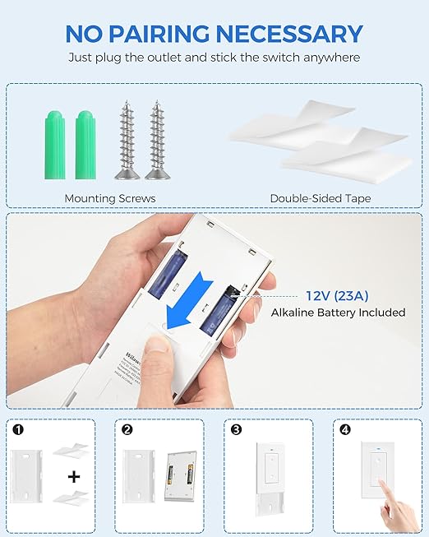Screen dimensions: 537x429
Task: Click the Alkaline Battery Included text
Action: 338,312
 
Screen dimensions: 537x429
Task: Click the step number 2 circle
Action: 127,429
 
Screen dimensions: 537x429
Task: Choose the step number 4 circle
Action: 343,429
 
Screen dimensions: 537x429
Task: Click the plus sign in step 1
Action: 74,476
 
